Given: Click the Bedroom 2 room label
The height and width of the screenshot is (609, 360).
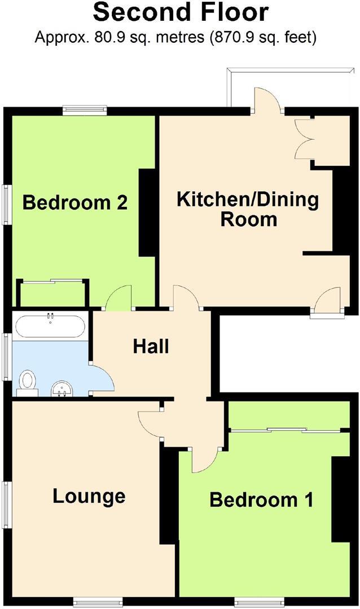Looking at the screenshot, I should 74,202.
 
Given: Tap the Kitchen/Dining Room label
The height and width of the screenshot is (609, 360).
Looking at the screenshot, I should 248,209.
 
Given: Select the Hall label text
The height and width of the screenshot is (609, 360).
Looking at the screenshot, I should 151,346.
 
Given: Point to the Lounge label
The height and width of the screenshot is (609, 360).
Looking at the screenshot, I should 89,496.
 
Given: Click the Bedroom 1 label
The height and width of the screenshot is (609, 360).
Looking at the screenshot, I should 261,500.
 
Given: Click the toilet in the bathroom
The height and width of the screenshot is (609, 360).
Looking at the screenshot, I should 27,381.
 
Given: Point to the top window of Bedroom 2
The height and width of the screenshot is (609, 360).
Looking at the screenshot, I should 85,111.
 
